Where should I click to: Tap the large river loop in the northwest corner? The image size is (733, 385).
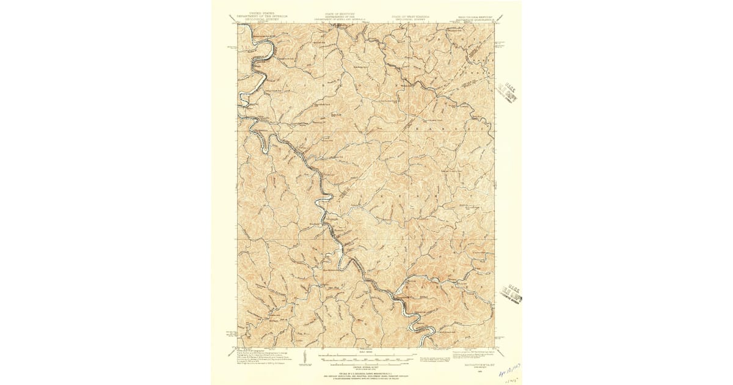point(257,67)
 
